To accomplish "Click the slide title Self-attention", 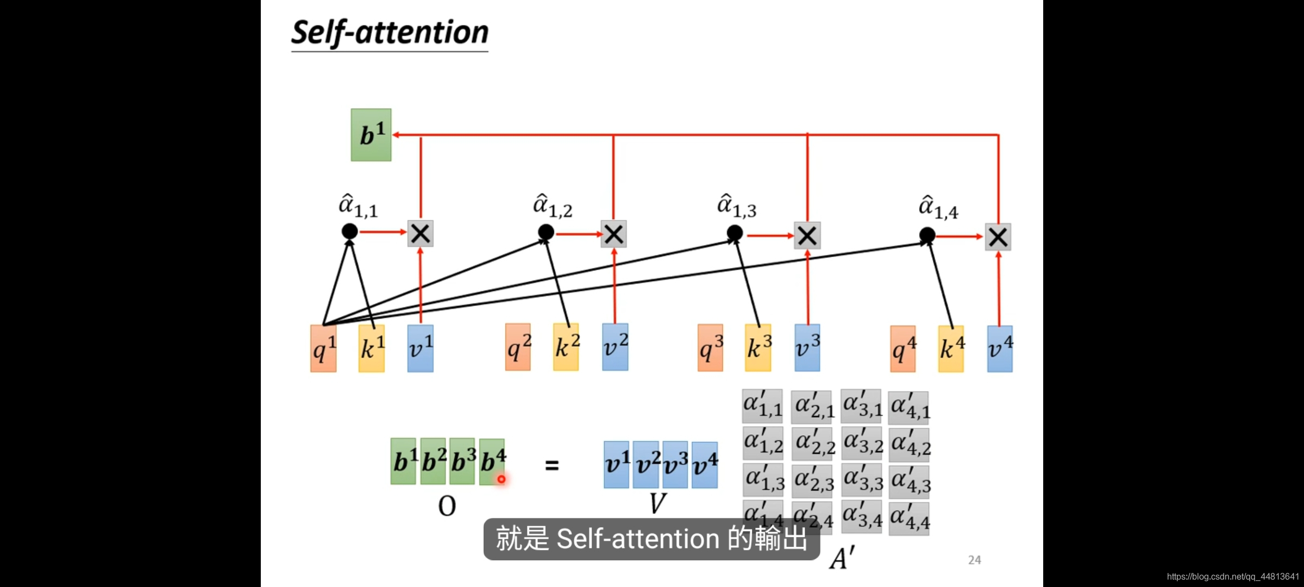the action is point(390,33).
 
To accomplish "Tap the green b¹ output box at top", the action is point(371,135).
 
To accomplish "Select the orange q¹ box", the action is point(323,348).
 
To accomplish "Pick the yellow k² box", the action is point(566,347).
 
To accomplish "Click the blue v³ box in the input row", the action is point(807,348).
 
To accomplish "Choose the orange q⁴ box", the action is point(903,349).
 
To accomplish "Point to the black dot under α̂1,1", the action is point(350,232).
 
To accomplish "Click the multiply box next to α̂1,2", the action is point(614,234).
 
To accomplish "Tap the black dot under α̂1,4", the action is point(927,235).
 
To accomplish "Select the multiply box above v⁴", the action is point(998,237).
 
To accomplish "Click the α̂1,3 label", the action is point(737,206).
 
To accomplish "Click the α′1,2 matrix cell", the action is point(763,444).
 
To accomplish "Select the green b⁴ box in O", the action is point(492,461).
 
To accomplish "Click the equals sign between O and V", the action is point(552,465).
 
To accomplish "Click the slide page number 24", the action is point(975,560).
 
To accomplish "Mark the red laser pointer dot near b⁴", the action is point(501,479).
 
